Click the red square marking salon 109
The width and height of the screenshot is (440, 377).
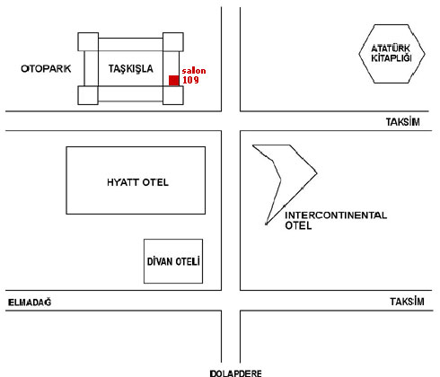(x=174, y=81)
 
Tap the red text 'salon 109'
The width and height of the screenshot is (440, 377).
(x=194, y=75)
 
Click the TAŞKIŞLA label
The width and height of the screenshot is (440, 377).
(x=130, y=69)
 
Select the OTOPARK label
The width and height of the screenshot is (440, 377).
(x=46, y=69)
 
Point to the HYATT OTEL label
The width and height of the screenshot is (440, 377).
(x=137, y=182)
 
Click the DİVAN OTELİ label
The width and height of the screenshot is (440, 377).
(x=173, y=261)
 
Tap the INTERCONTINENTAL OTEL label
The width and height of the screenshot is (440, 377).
(x=336, y=220)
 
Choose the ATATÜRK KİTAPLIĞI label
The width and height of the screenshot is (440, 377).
(x=392, y=53)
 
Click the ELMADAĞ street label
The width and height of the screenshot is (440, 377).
(x=30, y=302)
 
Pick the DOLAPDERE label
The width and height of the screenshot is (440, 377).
(x=235, y=373)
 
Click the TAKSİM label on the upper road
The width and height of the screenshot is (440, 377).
(x=402, y=122)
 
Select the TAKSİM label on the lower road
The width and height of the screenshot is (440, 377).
(x=407, y=302)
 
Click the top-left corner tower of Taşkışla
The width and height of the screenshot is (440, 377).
(x=88, y=42)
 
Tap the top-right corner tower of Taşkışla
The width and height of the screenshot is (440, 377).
(x=173, y=42)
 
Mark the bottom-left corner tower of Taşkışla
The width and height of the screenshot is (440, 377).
(x=88, y=95)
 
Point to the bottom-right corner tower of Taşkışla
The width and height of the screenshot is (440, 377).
(x=173, y=95)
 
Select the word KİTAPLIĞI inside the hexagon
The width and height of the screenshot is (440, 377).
(x=392, y=57)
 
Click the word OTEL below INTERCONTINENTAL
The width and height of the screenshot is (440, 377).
(x=298, y=225)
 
